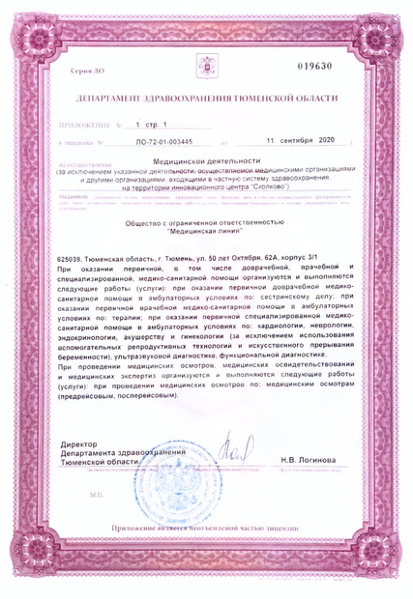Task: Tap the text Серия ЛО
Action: pyautogui.click(x=87, y=73)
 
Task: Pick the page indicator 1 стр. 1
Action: pyautogui.click(x=152, y=126)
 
